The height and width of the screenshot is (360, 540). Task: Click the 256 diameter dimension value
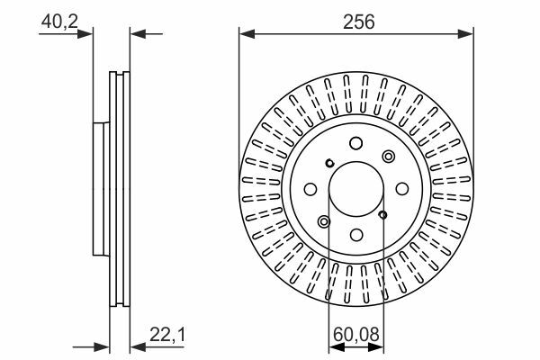coord(358,22)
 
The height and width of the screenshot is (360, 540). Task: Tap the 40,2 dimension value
coord(59,22)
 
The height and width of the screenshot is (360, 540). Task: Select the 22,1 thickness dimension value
coord(167,334)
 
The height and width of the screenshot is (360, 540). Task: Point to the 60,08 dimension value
coord(356,334)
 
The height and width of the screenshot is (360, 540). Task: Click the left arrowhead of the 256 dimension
coord(247,34)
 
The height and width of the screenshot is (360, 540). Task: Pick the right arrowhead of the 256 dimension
coord(465,34)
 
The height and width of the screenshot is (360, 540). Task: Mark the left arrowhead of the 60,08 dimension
coord(337,347)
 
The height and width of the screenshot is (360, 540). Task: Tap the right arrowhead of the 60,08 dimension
coord(375,347)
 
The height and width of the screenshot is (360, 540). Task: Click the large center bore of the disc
coord(356,189)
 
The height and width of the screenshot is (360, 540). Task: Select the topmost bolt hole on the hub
coord(355,143)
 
